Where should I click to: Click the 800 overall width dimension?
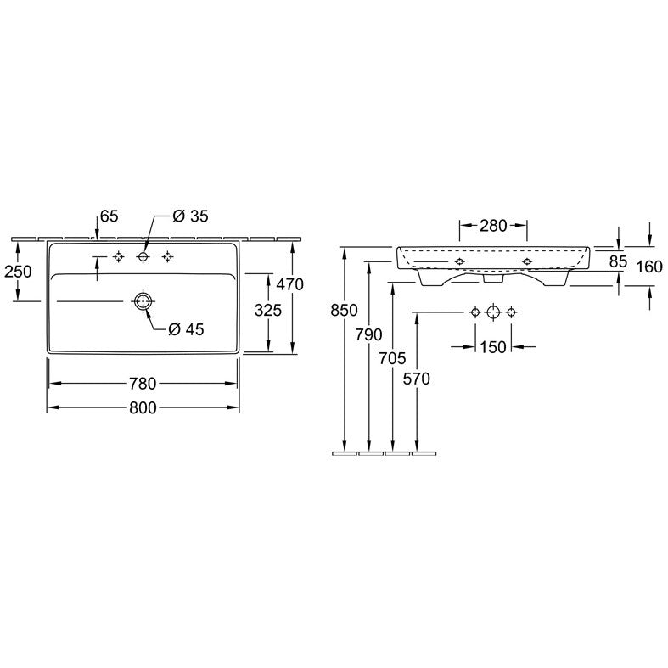[x=143, y=408]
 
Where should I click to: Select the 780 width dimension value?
[x=143, y=384]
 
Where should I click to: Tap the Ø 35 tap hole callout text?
[x=190, y=216]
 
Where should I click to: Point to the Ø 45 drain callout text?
[x=186, y=328]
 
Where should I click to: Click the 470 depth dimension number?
[x=290, y=284]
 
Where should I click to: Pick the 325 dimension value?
[x=268, y=310]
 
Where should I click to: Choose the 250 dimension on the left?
[x=19, y=271]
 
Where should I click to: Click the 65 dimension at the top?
[x=109, y=216]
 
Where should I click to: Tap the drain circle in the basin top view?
[x=143, y=301]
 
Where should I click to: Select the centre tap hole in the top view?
[x=143, y=256]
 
